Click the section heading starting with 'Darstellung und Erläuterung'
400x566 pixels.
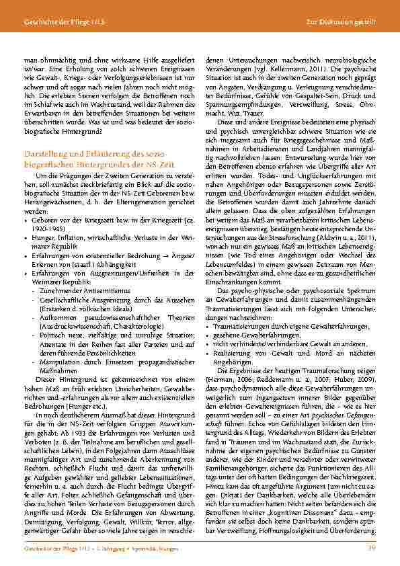(90, 156)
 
